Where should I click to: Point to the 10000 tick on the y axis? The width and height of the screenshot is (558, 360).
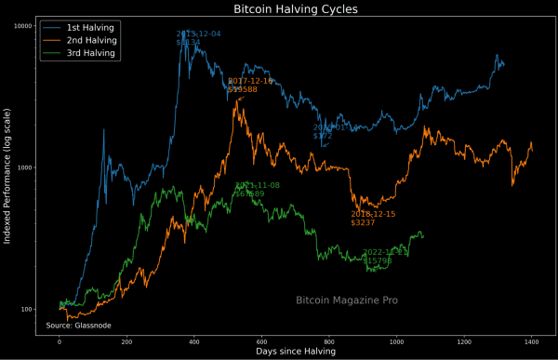pyautogui.click(x=22, y=25)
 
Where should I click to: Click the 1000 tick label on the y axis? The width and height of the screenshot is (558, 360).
pyautogui.click(x=25, y=167)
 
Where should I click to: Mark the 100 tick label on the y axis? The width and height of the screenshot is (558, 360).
pyautogui.click(x=27, y=310)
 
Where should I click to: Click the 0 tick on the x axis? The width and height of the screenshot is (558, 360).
pyautogui.click(x=60, y=341)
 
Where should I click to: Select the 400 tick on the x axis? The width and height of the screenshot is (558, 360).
pyautogui.click(x=194, y=341)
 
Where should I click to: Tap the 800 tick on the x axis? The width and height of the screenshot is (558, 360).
pyautogui.click(x=329, y=341)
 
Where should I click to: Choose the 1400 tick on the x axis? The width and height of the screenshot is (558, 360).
pyautogui.click(x=532, y=341)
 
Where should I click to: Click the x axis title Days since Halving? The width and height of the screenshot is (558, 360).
pyautogui.click(x=295, y=353)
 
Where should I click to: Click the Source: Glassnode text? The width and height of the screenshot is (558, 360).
pyautogui.click(x=79, y=326)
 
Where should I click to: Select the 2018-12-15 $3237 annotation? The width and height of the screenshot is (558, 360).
pyautogui.click(x=372, y=219)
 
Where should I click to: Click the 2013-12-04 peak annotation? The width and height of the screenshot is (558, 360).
pyautogui.click(x=198, y=38)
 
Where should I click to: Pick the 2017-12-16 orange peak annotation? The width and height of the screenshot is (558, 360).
pyautogui.click(x=250, y=86)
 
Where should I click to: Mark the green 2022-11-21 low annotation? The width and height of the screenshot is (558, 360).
pyautogui.click(x=384, y=257)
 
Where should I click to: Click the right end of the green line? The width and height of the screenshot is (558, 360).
pyautogui.click(x=423, y=234)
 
